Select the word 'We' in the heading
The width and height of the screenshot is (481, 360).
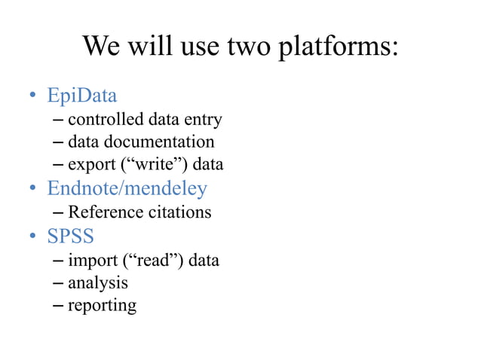(x=101, y=47)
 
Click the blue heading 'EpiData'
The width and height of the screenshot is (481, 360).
(x=82, y=96)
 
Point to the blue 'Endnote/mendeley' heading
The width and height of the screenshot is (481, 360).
(x=127, y=188)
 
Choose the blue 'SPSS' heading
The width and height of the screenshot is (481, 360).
(x=70, y=236)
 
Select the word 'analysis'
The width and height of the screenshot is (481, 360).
(x=98, y=283)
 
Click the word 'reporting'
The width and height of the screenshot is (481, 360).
(x=103, y=306)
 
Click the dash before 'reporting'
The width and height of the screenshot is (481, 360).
(x=59, y=305)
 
